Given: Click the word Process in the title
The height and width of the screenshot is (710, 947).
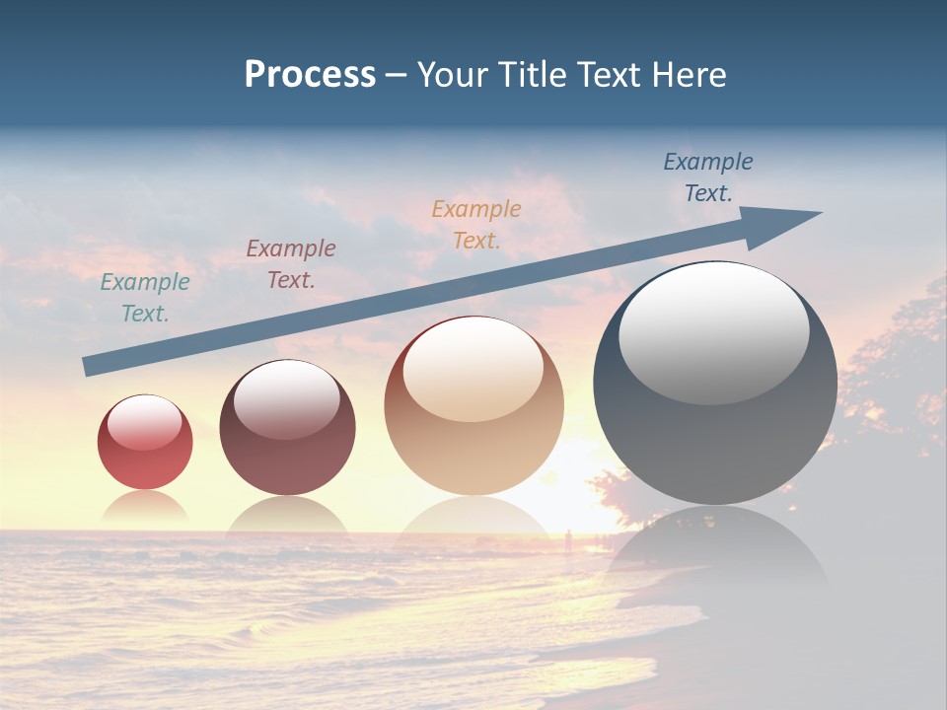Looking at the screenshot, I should [x=310, y=75].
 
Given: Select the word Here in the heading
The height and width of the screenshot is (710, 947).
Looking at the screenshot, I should [x=690, y=75].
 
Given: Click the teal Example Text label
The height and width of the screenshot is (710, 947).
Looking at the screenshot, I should [x=145, y=298].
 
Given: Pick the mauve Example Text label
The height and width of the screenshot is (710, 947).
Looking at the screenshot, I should [x=291, y=264].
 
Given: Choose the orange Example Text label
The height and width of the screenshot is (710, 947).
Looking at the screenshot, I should [x=476, y=224].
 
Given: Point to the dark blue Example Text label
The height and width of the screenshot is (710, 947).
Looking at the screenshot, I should [x=708, y=177].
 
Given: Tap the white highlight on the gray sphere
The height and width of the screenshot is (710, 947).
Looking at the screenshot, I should [x=713, y=330].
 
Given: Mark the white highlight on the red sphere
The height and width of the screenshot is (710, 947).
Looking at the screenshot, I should [x=145, y=422].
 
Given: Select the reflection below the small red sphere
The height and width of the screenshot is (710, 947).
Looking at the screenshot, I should [x=145, y=508].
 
